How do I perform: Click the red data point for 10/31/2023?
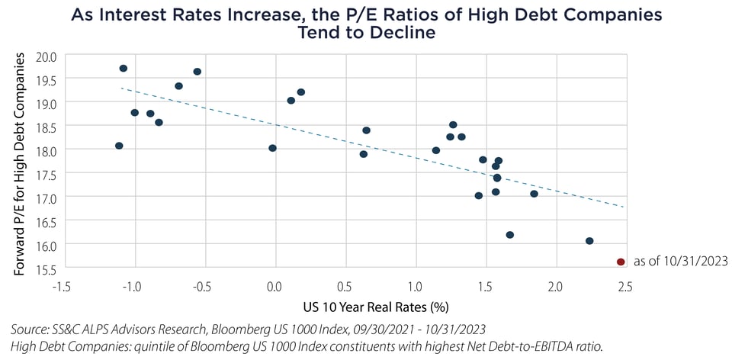coord(621,262)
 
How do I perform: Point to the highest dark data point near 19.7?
coord(123,69)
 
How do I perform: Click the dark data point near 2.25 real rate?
coord(589,241)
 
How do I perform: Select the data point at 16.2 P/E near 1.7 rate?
coord(509,235)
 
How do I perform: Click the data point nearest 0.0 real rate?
coord(272,148)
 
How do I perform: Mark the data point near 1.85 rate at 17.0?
coord(534,194)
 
